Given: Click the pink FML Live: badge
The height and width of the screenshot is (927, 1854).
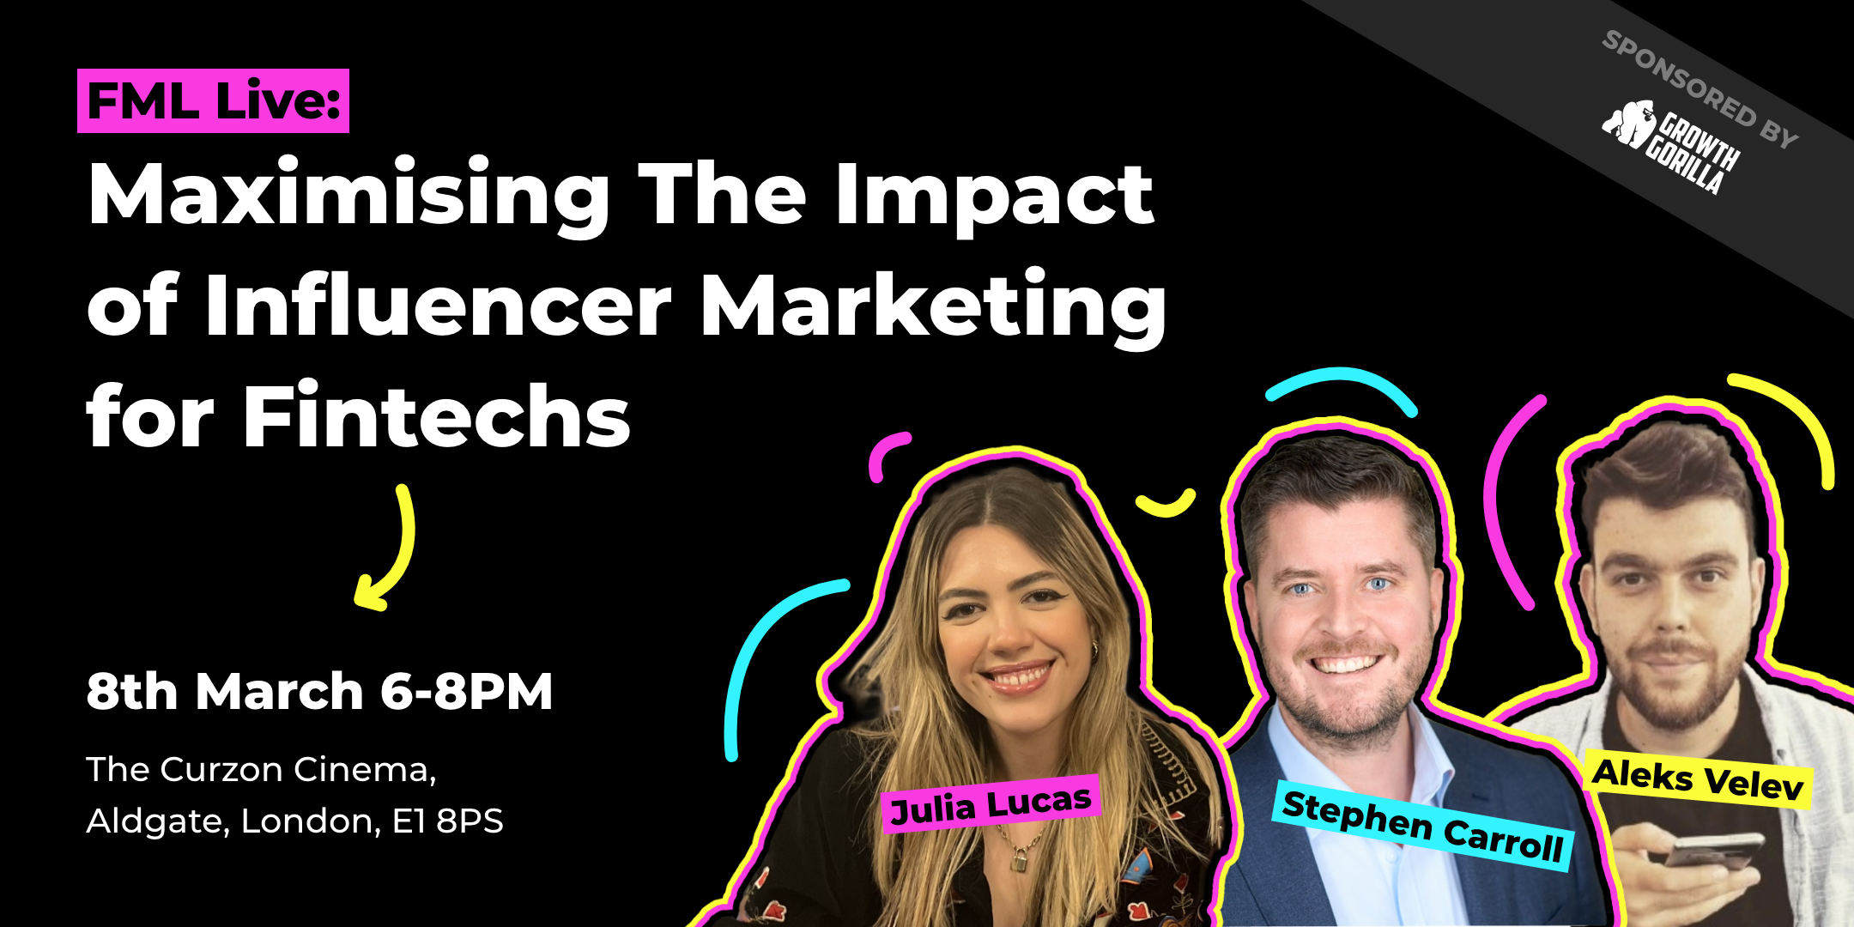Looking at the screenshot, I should [213, 101].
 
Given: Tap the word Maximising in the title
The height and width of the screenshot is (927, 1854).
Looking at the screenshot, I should [348, 196].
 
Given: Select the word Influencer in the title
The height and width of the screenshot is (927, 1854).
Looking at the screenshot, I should [438, 305].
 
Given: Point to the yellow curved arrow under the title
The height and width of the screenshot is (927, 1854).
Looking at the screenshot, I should [393, 549].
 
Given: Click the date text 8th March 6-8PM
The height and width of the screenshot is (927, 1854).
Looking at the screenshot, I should [319, 692].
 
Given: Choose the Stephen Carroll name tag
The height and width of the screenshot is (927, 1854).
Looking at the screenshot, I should [1422, 827].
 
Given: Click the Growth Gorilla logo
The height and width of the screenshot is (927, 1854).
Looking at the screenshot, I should [1669, 146].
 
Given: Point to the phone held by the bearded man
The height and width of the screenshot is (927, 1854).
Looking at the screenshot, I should [1713, 849].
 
